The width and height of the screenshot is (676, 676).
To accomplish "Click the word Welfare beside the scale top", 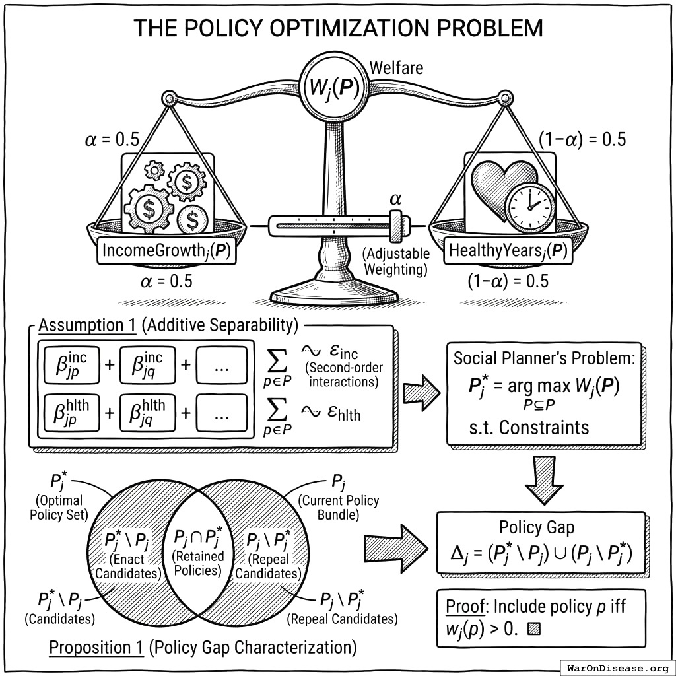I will [396, 67].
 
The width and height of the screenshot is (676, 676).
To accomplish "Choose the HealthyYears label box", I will [508, 252].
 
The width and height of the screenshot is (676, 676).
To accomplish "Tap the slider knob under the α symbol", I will [396, 226].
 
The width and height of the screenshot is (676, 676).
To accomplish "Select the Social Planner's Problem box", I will [543, 393].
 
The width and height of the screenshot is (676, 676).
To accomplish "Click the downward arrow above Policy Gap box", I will [543, 481].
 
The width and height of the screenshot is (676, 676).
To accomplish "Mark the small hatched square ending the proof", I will [534, 629].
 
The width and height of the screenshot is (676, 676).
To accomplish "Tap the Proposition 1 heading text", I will [96, 648].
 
